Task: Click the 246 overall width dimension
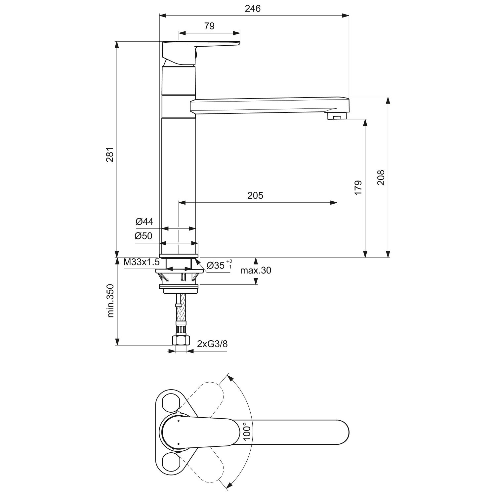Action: click(253, 8)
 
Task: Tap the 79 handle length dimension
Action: click(209, 26)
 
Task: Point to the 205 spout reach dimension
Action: click(255, 195)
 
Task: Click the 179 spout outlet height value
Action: click(358, 187)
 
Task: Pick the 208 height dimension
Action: click(381, 178)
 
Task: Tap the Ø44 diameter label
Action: click(145, 222)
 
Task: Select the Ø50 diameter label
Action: click(144, 236)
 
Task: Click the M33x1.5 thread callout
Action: click(142, 263)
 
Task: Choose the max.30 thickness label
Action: click(256, 270)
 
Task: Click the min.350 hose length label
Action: click(111, 301)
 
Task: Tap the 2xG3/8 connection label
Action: click(212, 344)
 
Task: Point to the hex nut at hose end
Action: click(181, 340)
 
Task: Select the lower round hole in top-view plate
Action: click(171, 461)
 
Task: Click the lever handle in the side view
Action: click(201, 53)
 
